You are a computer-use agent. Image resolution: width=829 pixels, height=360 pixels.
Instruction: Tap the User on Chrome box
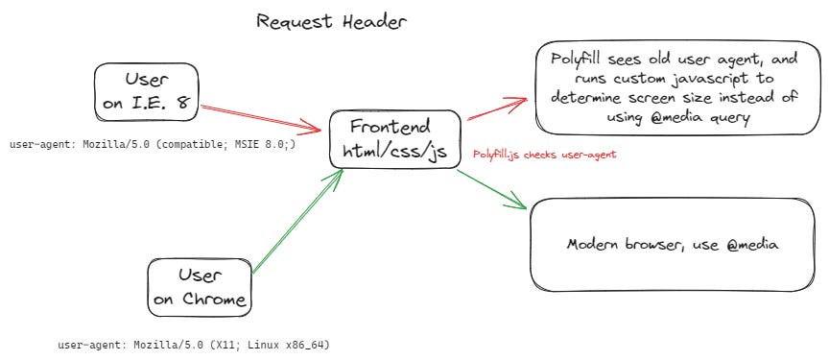coord(200,287)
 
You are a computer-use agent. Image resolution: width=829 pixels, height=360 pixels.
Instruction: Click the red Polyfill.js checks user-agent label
coord(544,154)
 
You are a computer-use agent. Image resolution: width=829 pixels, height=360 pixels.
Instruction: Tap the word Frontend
coord(391,127)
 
